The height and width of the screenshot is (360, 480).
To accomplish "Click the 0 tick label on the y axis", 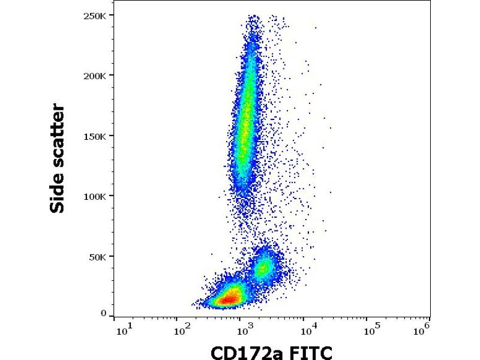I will pyautogui.click(x=104, y=313).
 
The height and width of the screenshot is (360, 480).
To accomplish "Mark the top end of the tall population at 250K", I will pyautogui.click(x=253, y=17).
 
